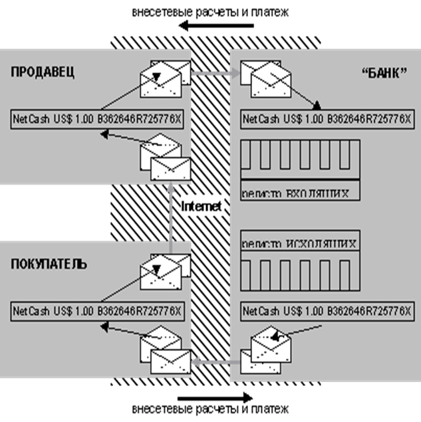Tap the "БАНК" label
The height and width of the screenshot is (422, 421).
(x=385, y=73)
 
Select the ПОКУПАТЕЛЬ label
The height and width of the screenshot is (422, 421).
(x=49, y=264)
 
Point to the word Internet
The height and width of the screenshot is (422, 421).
(x=201, y=207)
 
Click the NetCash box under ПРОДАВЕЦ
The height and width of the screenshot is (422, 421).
(x=98, y=120)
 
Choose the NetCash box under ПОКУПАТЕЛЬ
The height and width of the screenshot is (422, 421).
(x=98, y=311)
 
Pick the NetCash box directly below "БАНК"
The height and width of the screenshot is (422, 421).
(x=327, y=120)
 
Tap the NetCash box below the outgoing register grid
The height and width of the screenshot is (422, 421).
(x=327, y=311)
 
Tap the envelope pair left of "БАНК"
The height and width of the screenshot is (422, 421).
(x=265, y=78)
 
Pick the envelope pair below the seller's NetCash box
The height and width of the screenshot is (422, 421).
(x=166, y=158)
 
